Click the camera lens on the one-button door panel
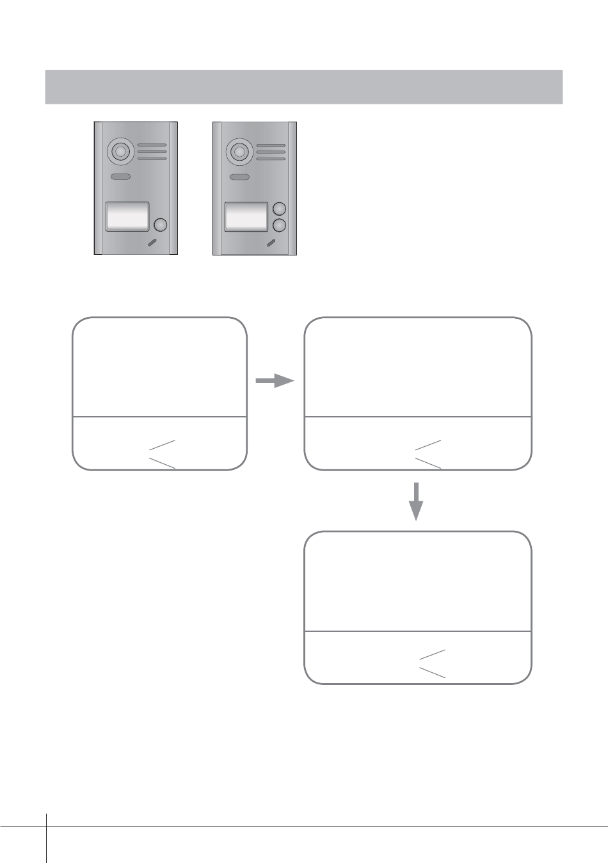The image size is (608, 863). (x=120, y=152)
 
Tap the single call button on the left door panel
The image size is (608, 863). (x=161, y=225)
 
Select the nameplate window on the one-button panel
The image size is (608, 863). (x=127, y=216)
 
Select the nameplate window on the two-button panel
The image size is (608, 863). (x=246, y=216)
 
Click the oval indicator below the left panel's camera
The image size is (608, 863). (x=120, y=177)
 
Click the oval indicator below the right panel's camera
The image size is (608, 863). (x=239, y=177)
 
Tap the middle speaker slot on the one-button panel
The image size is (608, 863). (x=152, y=152)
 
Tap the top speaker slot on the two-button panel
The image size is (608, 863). (x=271, y=146)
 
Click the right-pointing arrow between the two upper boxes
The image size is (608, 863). (x=275, y=381)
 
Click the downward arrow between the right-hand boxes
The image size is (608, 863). (x=417, y=501)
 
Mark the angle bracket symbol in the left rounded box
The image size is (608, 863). (x=162, y=454)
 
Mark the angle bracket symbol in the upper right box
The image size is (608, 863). (x=428, y=454)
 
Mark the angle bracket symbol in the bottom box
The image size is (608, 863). (x=432, y=663)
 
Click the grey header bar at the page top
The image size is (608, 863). (x=303, y=86)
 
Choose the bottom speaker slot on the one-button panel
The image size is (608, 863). (x=152, y=158)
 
